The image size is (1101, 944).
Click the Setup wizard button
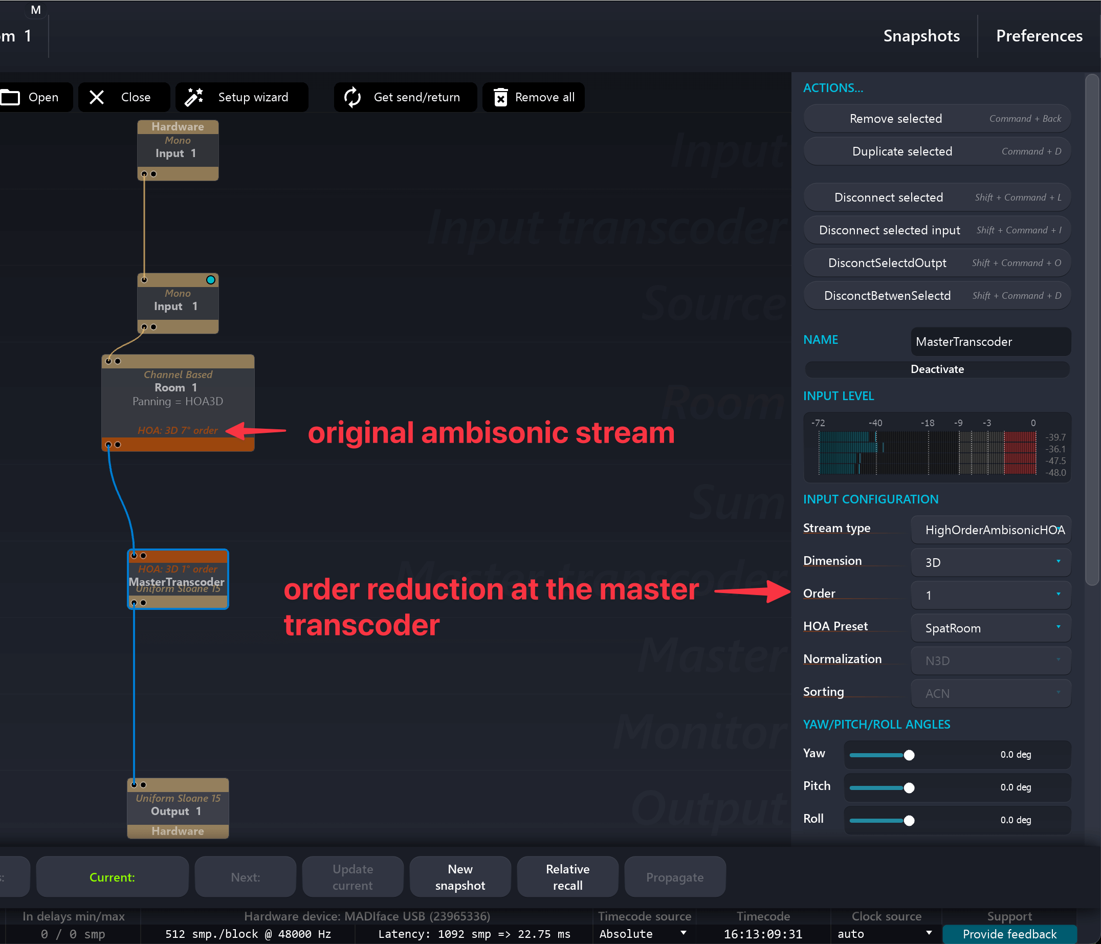coord(242,97)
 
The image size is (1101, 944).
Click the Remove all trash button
coord(534,97)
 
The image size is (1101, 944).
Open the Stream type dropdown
coord(990,530)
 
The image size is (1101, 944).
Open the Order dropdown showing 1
coord(990,595)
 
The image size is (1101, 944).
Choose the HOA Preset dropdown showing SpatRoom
coord(990,628)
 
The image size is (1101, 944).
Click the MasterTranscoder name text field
coord(990,341)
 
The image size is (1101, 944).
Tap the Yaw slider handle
coord(909,755)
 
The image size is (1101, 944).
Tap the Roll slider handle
coord(909,820)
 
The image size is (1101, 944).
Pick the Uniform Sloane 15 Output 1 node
coord(178,808)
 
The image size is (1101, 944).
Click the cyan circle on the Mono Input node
coord(210,280)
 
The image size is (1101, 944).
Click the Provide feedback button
coord(1009,934)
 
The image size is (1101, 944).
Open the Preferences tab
coord(1039,36)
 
